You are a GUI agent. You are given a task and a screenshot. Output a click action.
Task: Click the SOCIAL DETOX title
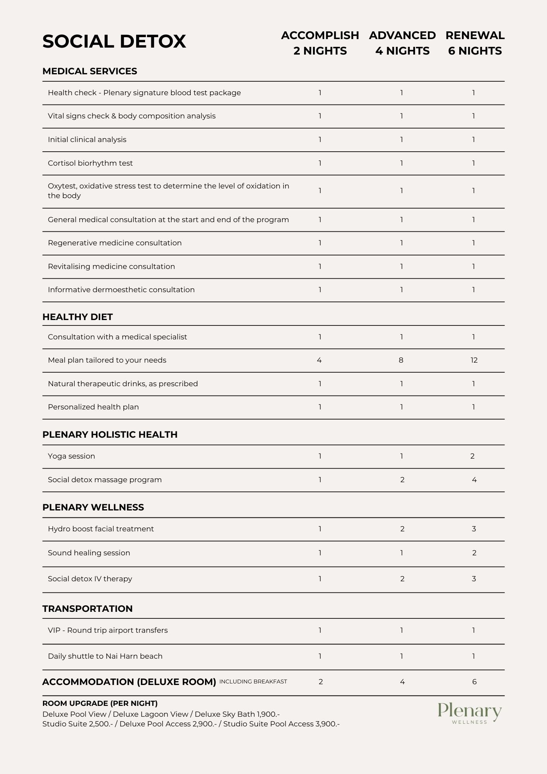(114, 41)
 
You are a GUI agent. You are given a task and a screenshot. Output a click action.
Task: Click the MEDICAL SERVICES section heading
(90, 71)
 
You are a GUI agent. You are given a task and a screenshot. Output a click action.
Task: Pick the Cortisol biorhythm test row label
(90, 163)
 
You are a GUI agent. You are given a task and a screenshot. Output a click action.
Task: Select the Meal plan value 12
(474, 360)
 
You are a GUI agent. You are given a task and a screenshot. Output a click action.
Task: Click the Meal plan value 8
(401, 360)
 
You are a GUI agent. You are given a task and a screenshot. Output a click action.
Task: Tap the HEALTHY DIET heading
(77, 317)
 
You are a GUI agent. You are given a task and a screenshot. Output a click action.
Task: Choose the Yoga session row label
(72, 456)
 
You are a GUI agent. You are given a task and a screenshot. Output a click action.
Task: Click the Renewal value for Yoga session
(473, 456)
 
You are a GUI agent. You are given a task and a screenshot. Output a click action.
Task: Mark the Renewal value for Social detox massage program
(474, 480)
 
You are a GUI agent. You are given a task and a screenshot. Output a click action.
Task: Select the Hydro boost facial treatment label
(101, 529)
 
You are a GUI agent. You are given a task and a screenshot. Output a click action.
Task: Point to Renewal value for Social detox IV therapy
(474, 579)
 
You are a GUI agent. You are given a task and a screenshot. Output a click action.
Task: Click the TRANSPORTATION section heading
(87, 609)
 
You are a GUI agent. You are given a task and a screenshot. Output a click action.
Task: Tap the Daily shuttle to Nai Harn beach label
(105, 656)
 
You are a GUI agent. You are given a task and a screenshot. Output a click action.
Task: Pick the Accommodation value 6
(475, 682)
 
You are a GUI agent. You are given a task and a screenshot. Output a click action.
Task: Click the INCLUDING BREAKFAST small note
(253, 682)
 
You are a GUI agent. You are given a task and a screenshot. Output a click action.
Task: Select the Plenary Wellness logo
(470, 713)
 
